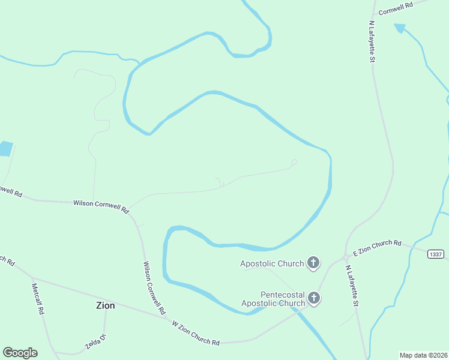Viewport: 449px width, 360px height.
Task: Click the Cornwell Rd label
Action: pos(397,5)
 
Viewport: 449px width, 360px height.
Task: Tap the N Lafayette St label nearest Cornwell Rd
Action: pos(372,41)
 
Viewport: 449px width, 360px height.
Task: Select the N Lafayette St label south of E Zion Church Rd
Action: pos(351,287)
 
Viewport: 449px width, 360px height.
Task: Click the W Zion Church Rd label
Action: pos(196,333)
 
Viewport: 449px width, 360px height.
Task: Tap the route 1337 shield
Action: pos(436,254)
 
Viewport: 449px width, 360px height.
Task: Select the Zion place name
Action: pos(105,305)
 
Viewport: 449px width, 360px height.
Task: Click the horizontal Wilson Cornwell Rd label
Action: pos(101,206)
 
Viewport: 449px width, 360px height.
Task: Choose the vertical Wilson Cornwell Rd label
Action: pos(154,288)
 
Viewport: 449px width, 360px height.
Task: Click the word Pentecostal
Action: pos(282,295)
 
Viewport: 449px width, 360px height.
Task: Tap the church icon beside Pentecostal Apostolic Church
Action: pos(313,298)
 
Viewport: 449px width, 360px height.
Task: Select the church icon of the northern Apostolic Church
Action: pos(313,262)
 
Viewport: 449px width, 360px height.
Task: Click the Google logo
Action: pos(20,352)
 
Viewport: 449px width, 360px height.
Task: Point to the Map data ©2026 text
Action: pos(423,355)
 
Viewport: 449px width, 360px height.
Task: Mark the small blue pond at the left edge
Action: pos(5,148)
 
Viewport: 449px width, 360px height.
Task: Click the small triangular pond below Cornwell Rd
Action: pos(400,28)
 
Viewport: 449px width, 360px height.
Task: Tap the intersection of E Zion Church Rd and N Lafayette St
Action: pos(346,257)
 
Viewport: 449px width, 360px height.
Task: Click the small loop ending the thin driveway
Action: pos(294,162)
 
